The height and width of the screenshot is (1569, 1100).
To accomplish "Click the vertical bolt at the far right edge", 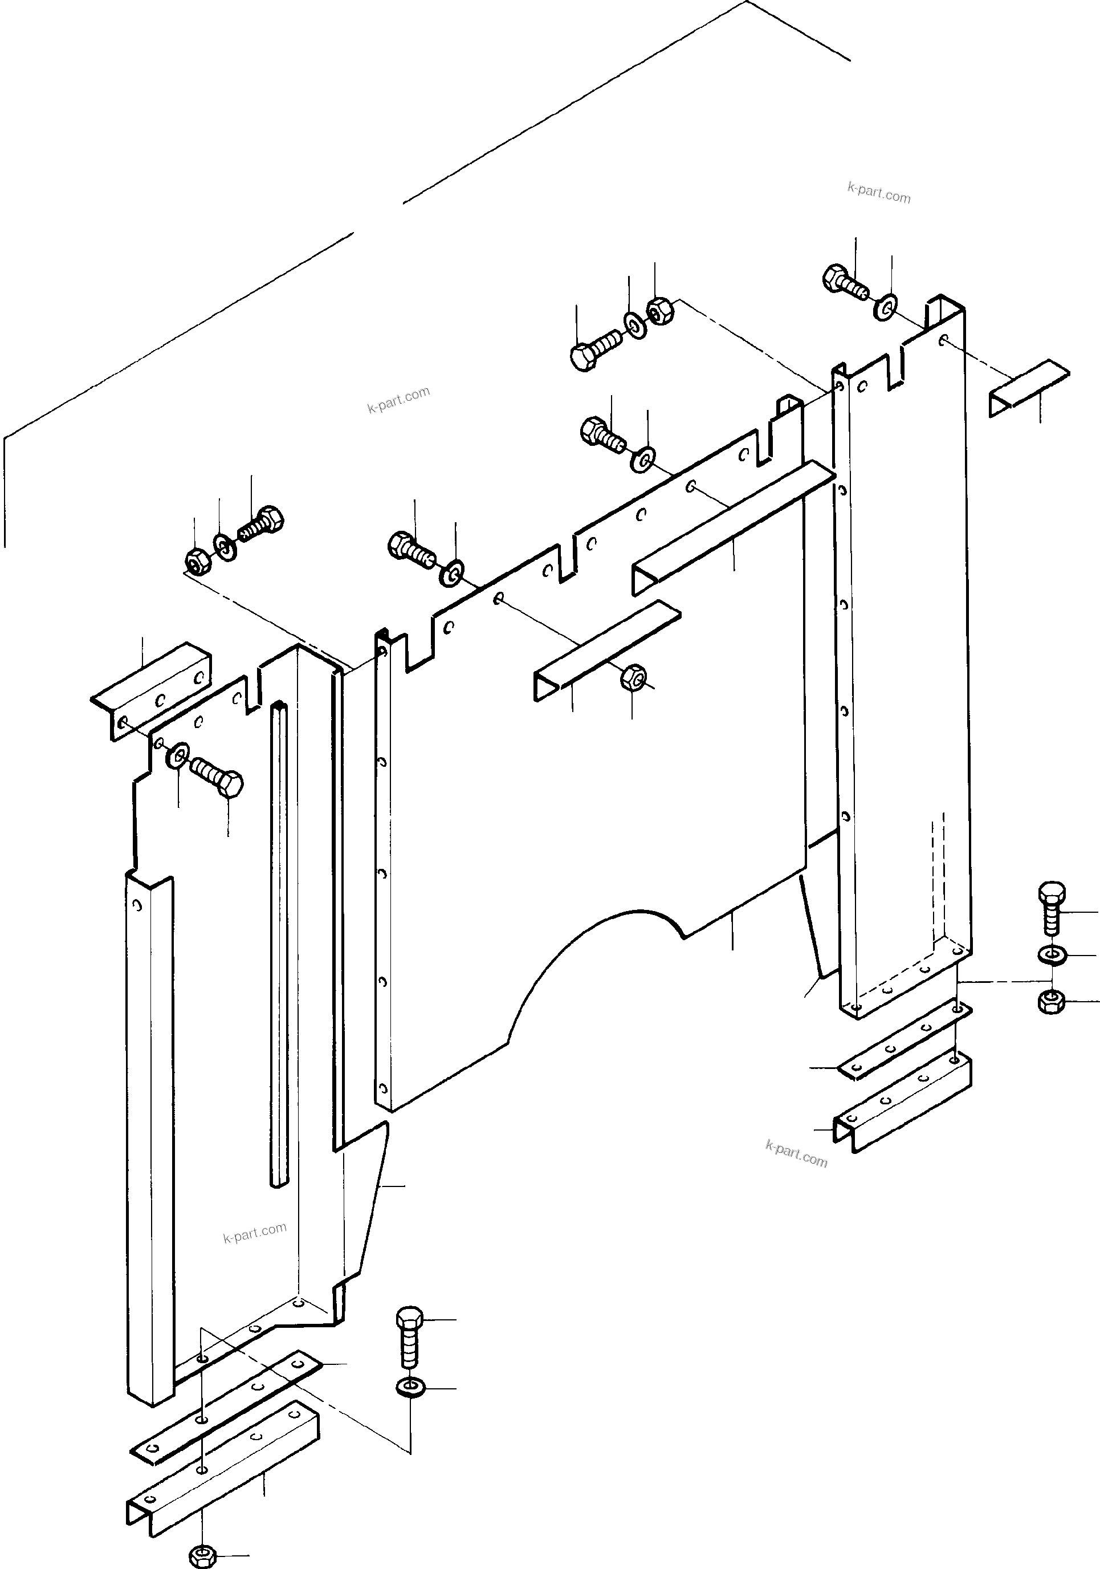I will coord(1052,909).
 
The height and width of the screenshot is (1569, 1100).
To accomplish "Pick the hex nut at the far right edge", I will coord(1051,1002).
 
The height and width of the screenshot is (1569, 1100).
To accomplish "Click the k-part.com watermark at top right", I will coord(879,193).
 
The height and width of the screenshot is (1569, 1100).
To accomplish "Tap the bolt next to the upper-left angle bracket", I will coord(217,778).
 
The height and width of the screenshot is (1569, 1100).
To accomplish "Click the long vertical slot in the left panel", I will coord(279,943).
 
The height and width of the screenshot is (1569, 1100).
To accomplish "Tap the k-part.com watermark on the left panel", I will coord(255,1232).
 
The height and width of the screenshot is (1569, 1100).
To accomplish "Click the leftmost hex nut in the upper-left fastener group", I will coord(196,560).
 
